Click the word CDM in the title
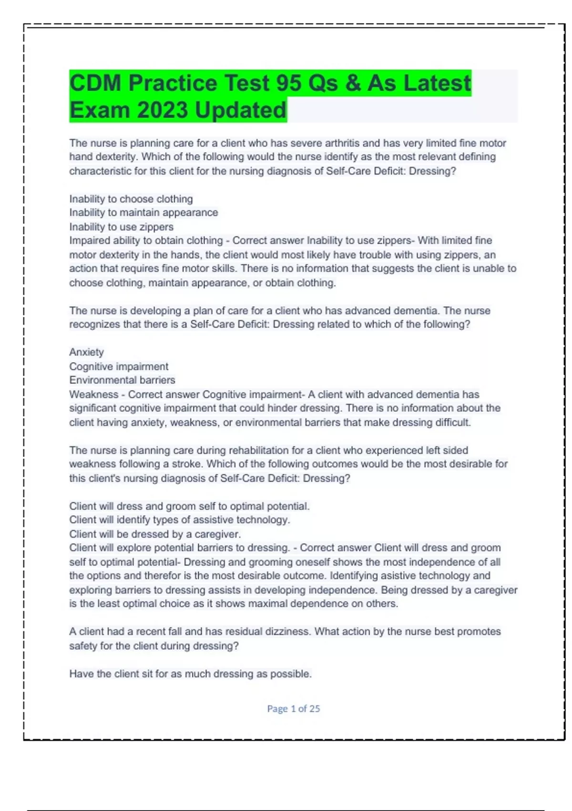[x=95, y=83]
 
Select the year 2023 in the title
[x=163, y=111]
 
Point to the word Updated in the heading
[x=241, y=111]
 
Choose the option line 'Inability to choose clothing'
[x=131, y=199]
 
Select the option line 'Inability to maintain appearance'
[x=143, y=213]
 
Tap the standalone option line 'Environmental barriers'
[x=122, y=380]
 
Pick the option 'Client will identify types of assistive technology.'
[x=179, y=520]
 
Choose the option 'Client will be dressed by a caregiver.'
[x=155, y=534]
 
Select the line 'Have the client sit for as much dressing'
[x=190, y=674]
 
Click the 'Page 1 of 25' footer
[x=293, y=709]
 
